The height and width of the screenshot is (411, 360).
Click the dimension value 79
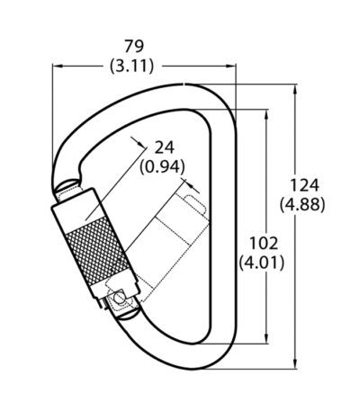134,47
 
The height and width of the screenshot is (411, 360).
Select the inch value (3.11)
132,66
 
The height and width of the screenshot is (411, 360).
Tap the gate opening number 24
164,147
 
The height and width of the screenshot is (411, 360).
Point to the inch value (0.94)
162,167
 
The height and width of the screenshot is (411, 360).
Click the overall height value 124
303,185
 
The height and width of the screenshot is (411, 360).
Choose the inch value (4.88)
302,205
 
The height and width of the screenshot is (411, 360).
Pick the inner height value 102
264,243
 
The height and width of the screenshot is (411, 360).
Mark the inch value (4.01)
262,263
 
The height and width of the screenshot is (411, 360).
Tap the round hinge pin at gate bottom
120,298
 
